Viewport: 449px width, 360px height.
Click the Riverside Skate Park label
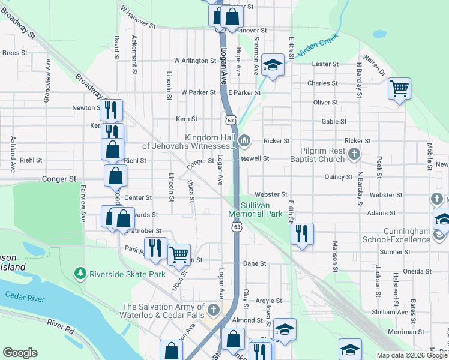click(127, 274)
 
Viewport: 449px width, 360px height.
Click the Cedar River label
click(25, 296)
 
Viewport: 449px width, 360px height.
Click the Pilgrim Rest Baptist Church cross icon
click(354, 155)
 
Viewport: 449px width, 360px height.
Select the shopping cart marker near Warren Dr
click(399, 89)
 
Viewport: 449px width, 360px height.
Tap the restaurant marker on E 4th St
click(302, 233)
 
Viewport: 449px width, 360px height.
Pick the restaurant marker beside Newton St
click(111, 110)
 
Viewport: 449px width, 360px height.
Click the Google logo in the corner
click(20, 353)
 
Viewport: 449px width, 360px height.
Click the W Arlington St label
click(195, 61)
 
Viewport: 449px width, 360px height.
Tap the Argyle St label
click(268, 301)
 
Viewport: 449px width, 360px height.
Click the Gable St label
click(334, 121)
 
